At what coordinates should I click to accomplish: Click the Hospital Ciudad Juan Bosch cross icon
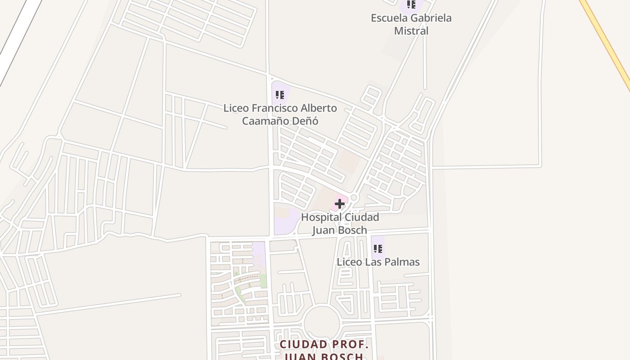339,204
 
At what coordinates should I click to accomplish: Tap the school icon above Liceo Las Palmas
378,248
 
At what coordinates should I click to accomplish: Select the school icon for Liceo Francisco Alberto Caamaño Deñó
280,95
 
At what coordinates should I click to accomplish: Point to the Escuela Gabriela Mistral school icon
411,4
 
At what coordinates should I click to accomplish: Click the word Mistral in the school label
411,31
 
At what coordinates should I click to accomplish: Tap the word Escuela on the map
388,18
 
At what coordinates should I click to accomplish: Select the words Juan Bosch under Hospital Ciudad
340,230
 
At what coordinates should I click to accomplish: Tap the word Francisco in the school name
274,108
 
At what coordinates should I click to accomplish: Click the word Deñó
307,121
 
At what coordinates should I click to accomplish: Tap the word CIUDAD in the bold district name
303,345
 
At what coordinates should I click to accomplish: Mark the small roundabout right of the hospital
354,198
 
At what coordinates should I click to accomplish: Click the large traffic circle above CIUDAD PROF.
322,323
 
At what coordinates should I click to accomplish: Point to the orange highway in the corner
607,40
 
